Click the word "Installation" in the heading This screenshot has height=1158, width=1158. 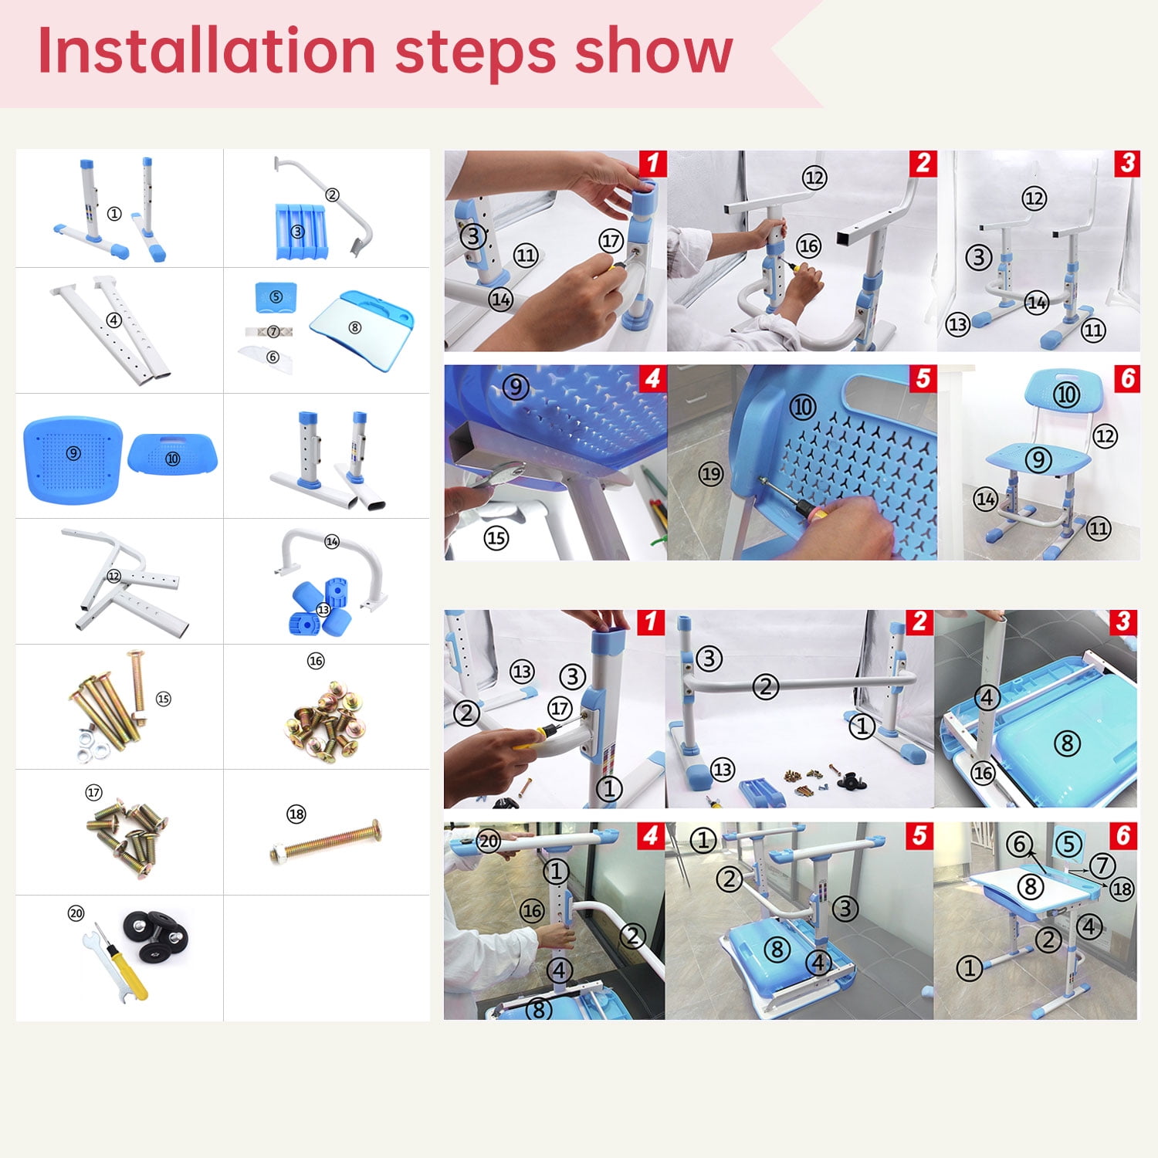coord(206,50)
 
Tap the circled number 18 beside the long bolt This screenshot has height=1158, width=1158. coord(296,814)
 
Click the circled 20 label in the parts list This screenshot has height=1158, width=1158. coord(76,913)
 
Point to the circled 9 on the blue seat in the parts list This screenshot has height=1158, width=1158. coord(73,453)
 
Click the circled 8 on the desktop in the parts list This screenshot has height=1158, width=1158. coord(355,327)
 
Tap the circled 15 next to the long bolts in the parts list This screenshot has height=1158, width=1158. coord(163,699)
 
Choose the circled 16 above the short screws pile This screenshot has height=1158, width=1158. coord(316,661)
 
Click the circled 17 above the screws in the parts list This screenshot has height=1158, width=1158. coord(93,793)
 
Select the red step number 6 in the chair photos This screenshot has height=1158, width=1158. coord(1127,378)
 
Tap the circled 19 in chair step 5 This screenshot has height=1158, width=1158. coord(711,474)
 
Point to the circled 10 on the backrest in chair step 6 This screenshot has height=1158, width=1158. coord(1066,395)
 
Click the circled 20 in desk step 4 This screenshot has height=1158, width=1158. coord(489,841)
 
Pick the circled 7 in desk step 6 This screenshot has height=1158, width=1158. coord(1102,865)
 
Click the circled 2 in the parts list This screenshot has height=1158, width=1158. coord(332,195)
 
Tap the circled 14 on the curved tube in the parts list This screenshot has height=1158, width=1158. coord(332,542)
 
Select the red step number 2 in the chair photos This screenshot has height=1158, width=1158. coord(923,164)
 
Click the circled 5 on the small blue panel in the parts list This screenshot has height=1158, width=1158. coord(276,297)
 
